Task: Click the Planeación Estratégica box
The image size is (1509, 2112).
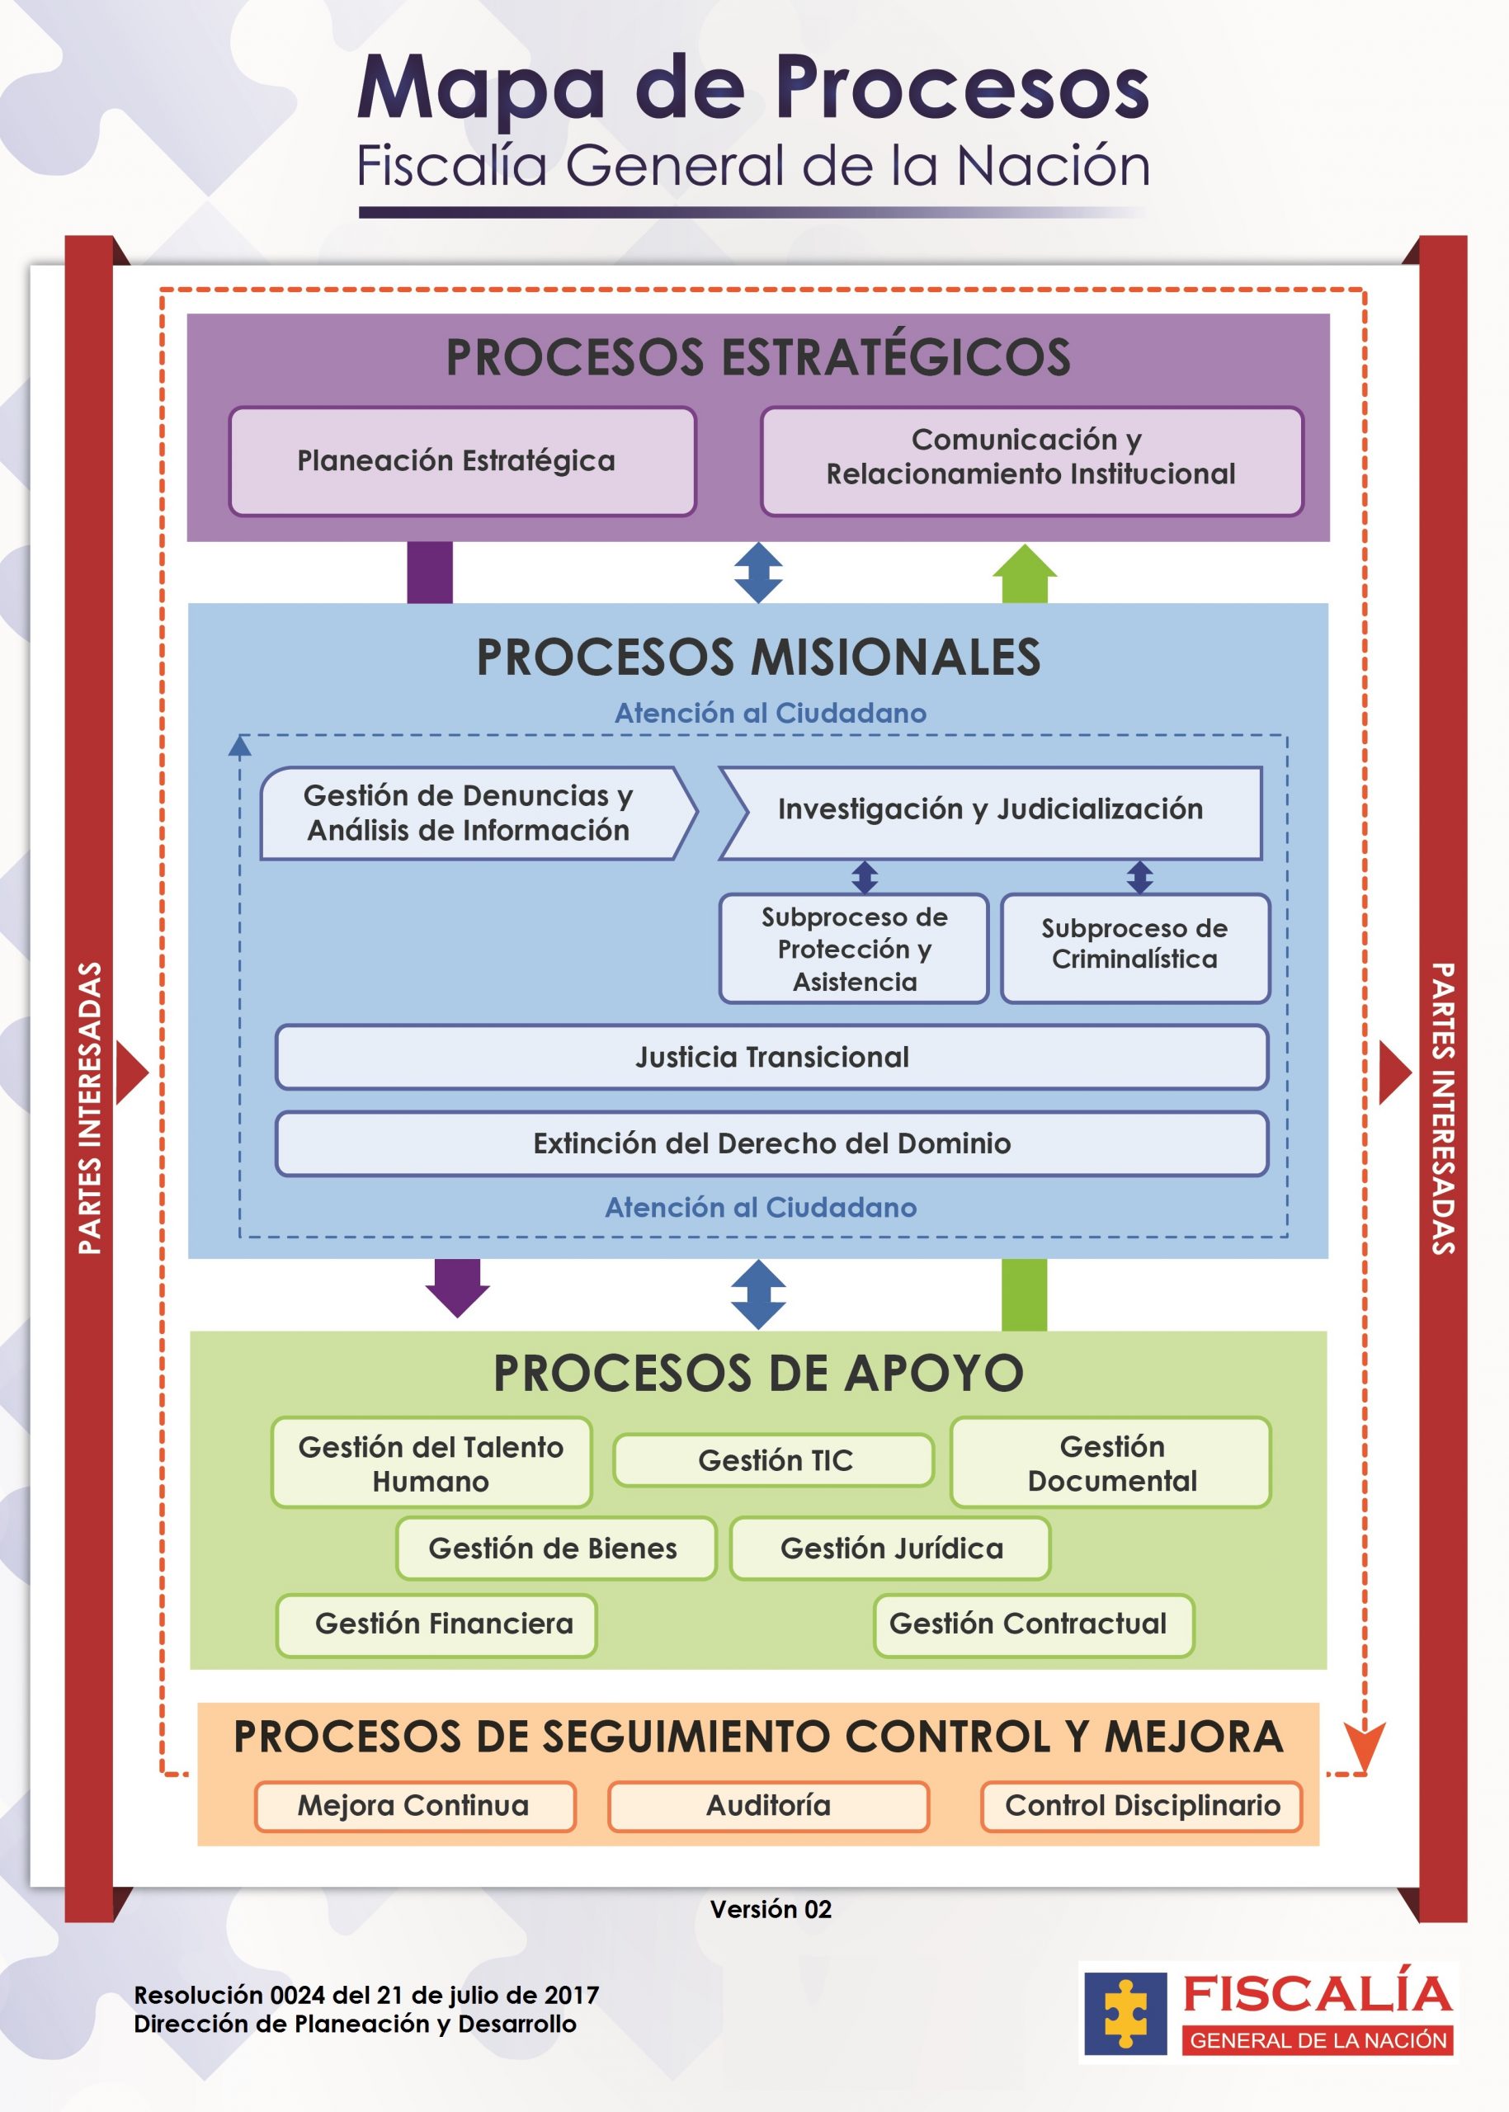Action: tap(463, 461)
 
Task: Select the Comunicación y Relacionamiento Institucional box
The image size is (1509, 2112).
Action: tap(1031, 461)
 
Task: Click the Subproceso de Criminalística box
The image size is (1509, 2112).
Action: tap(1134, 949)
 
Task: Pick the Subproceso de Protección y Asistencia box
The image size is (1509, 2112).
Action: tap(854, 949)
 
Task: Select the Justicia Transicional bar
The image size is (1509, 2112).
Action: tap(772, 1058)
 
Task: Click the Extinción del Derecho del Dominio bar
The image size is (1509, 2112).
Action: tap(772, 1143)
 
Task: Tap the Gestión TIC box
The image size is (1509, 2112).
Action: tap(774, 1460)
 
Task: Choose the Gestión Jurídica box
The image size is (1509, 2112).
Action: tap(891, 1549)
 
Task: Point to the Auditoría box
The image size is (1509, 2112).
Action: tap(768, 1806)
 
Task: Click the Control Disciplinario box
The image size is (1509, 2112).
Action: tap(1142, 1806)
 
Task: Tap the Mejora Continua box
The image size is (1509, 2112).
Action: tap(415, 1806)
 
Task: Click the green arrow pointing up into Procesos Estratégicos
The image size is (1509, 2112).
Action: tap(1025, 573)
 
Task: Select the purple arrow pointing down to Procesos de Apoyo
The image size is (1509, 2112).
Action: tap(457, 1288)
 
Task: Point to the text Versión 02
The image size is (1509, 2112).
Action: tap(771, 1909)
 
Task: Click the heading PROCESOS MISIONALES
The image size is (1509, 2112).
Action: tap(758, 657)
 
